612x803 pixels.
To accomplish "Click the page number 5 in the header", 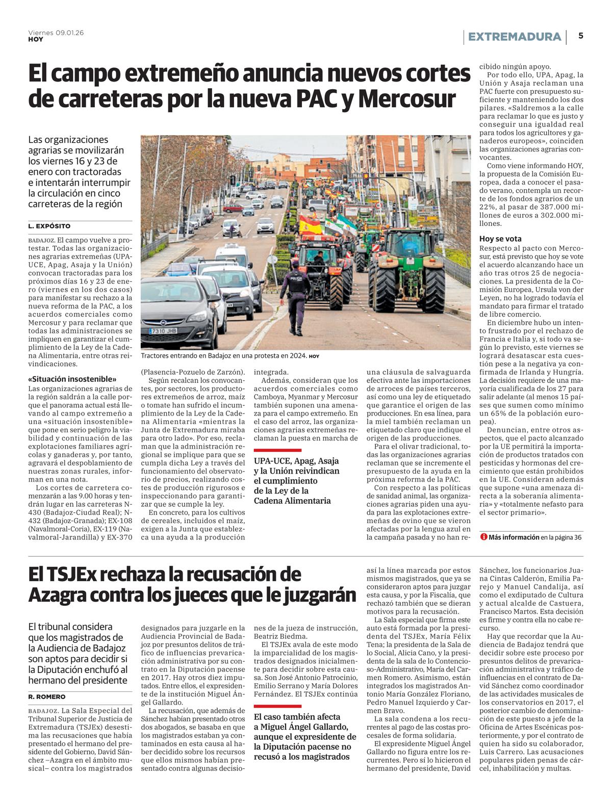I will pos(581,36).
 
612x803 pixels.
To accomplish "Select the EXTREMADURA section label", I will pos(514,37).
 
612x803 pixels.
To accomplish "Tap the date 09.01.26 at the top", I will pos(70,32).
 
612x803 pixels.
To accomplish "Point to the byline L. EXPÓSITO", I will pos(49,226).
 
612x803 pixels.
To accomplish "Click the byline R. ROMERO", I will pos(47,696).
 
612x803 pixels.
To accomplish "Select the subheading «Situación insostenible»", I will pos(72,379).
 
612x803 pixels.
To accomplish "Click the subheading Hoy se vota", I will pos(500,239).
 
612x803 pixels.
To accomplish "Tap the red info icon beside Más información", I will pos(483,537).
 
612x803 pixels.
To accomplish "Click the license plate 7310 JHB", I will pos(163,331).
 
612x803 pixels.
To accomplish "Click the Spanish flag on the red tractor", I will pos(310,224).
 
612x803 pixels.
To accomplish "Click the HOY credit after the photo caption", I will pos(314,356).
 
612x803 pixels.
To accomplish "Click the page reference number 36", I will pos(577,537).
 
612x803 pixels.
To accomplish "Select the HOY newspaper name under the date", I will pos(36,39).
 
